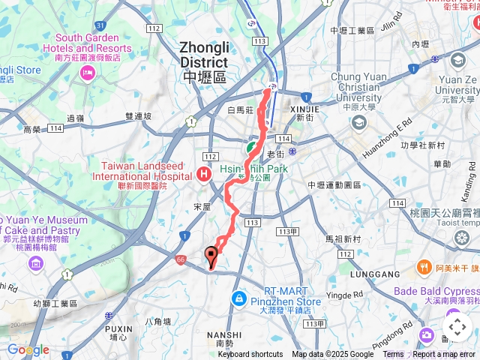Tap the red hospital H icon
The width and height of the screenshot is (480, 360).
[203, 175]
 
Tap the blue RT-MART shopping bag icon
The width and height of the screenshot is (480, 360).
[238, 298]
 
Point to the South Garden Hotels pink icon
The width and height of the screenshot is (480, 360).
[88, 72]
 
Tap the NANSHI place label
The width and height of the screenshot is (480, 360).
[229, 334]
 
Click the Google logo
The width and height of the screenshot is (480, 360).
[28, 350]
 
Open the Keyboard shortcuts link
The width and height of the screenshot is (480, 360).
[250, 355]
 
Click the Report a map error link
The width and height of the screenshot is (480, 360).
[444, 355]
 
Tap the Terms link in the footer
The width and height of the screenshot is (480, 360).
[393, 355]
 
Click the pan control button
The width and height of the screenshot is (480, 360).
[457, 327]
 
